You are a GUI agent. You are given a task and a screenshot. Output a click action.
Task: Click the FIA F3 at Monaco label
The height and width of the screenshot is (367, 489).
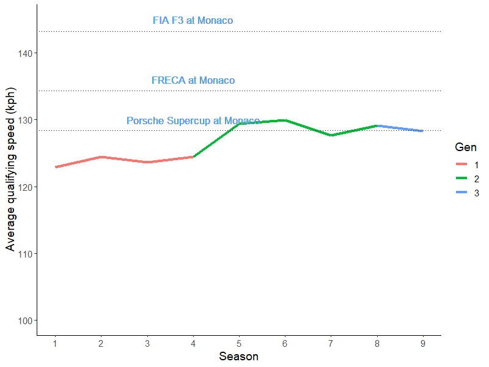point(193,21)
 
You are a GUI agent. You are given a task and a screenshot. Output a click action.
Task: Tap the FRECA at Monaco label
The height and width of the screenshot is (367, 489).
point(193,81)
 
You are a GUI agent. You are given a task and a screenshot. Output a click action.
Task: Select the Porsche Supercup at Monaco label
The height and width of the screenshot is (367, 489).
point(193,121)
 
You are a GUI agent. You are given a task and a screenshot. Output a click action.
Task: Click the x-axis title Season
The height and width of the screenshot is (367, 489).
point(238,356)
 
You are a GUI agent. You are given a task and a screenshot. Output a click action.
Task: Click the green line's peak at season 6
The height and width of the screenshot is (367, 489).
point(285,120)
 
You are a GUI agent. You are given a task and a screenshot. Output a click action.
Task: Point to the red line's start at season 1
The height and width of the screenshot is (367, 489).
point(56,167)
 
